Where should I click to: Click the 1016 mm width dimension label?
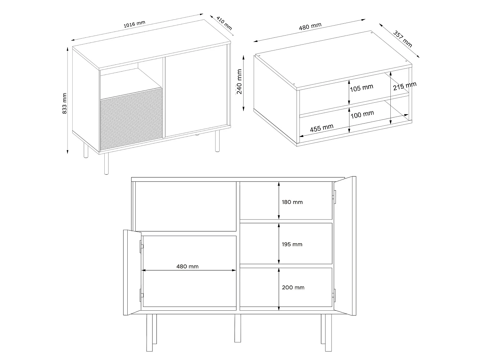click(134, 24)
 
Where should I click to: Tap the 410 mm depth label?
click(224, 23)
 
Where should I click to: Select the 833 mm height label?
click(65, 103)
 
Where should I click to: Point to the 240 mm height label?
click(239, 86)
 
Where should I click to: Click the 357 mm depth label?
click(403, 39)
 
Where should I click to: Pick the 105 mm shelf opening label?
click(361, 88)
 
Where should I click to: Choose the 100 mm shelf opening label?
click(362, 114)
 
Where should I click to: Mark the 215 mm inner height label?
click(405, 86)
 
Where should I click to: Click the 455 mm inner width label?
click(322, 128)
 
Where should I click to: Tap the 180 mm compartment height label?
click(292, 202)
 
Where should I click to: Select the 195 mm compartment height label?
click(292, 244)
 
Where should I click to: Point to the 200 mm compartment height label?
click(293, 287)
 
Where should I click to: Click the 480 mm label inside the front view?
click(187, 266)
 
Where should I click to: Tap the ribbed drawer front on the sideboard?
click(131, 120)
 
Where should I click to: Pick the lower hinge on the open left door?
click(141, 295)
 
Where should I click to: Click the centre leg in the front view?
click(237, 328)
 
